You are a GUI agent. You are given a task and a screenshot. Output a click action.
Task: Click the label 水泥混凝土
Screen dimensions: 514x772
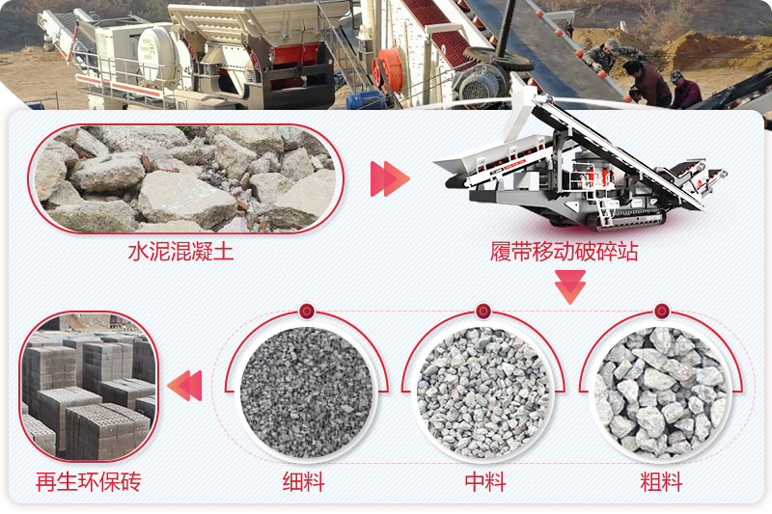pyautogui.click(x=180, y=253)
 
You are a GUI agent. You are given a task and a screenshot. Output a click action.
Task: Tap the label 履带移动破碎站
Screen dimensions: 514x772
pyautogui.click(x=564, y=253)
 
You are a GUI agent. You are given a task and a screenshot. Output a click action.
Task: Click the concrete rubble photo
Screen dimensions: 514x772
pyautogui.click(x=183, y=178)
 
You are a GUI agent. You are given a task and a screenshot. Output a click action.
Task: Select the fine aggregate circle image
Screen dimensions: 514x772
pyautogui.click(x=306, y=392)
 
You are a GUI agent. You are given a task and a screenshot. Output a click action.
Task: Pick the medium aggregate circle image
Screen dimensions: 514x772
pyautogui.click(x=483, y=392)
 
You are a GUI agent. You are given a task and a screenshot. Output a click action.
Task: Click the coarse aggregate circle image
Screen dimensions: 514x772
pyautogui.click(x=661, y=392)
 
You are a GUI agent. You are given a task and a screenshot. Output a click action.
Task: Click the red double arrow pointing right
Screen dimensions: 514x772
pyautogui.click(x=389, y=179)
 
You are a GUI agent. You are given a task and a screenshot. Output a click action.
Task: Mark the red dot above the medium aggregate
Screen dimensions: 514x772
pyautogui.click(x=483, y=311)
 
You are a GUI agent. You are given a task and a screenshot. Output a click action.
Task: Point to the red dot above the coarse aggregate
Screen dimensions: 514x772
pyautogui.click(x=661, y=311)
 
